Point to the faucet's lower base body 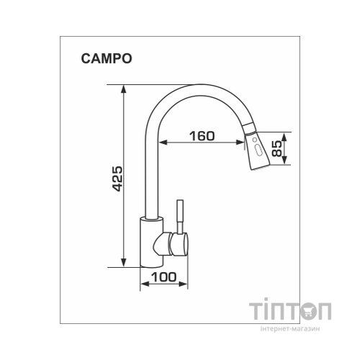[x=148, y=245]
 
